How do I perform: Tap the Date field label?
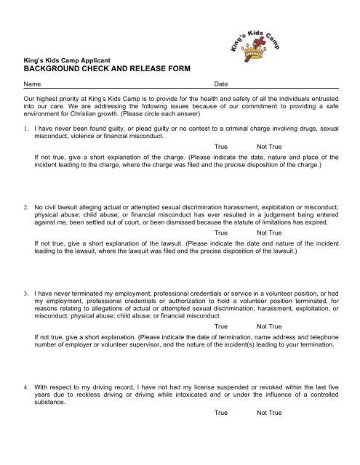click(x=222, y=85)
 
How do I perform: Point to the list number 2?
click(x=26, y=206)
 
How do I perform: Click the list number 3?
click(x=26, y=291)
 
